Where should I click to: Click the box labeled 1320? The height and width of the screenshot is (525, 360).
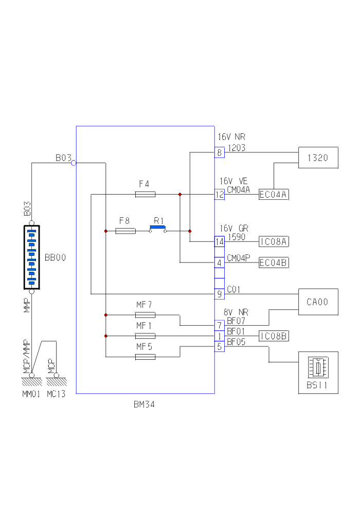[318, 157]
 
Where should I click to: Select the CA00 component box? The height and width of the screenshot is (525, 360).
[318, 302]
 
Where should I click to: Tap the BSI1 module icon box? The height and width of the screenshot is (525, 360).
[318, 373]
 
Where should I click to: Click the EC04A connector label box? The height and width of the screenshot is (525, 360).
[274, 195]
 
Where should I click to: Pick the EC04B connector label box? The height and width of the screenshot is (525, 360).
[274, 263]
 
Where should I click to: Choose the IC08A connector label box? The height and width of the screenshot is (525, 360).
[274, 241]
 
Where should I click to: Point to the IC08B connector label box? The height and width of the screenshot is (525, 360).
[274, 336]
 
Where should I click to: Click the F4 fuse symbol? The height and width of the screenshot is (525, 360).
[145, 195]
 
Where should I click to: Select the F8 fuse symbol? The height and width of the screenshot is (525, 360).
[125, 231]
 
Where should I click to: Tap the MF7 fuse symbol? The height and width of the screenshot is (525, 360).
[145, 314]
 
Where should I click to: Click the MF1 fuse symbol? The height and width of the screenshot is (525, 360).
[145, 336]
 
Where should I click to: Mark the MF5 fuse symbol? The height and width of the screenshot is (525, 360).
[145, 357]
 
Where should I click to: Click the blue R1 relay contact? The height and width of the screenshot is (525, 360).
[158, 227]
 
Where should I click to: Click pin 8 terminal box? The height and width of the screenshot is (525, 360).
[220, 152]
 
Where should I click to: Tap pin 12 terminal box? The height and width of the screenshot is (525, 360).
[220, 195]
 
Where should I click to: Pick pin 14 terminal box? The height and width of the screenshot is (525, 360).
[220, 241]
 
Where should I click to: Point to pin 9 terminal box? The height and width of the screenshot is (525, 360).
[220, 294]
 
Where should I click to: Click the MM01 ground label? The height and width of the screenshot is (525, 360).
[31, 394]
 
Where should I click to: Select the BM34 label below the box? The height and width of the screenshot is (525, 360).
[144, 405]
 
